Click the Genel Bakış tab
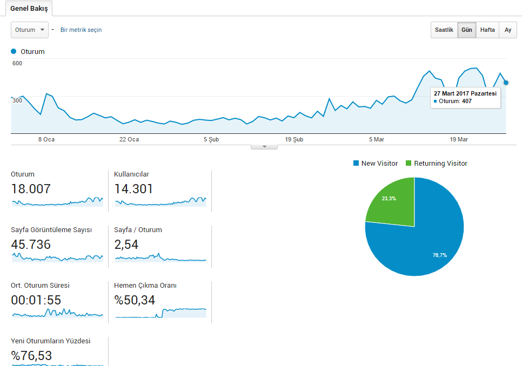(x=29, y=8)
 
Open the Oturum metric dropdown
(x=30, y=30)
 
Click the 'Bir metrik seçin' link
(x=81, y=30)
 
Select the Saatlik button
(x=444, y=30)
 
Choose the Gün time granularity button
(x=467, y=30)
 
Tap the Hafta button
(x=487, y=30)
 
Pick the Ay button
(x=508, y=30)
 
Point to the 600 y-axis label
(x=17, y=63)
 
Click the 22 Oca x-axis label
(x=129, y=139)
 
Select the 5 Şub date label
(x=211, y=139)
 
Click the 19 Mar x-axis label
(x=459, y=139)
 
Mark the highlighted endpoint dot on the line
(x=506, y=83)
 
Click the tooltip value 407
(x=467, y=101)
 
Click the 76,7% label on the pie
(x=440, y=255)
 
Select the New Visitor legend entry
(x=376, y=163)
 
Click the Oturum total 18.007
(x=31, y=189)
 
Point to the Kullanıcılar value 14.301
(x=133, y=189)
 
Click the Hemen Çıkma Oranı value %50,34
(x=135, y=300)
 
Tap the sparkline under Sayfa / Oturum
(x=160, y=257)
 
